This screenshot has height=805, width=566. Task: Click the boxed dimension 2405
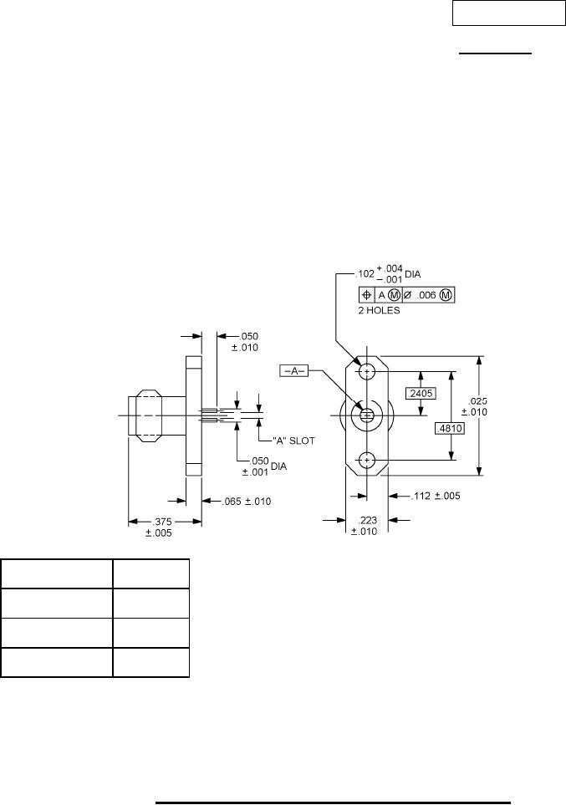pos(421,394)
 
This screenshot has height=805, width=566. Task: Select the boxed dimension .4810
pos(450,429)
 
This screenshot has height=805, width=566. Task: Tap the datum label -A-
pos(294,370)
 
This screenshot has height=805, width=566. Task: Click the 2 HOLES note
pos(379,311)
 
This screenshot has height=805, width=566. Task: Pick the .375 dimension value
pos(163,522)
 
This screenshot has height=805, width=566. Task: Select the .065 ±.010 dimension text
pos(246,502)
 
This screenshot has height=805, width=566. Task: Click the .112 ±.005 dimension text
pos(436,496)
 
